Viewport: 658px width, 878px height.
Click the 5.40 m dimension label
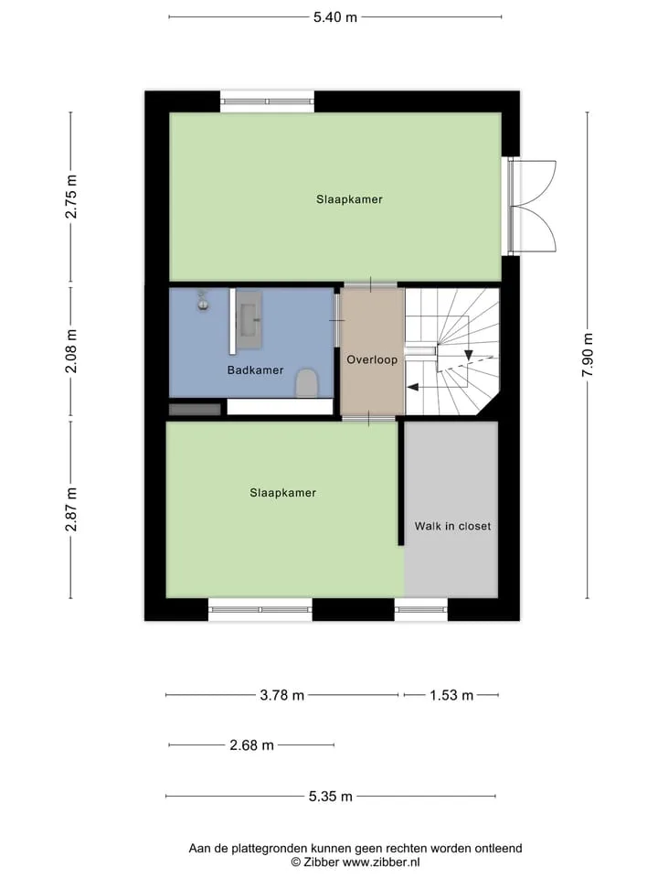(x=334, y=17)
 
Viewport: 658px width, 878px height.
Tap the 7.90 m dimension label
(x=588, y=355)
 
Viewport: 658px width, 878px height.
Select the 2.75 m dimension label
(x=71, y=197)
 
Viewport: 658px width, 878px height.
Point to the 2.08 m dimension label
(x=71, y=351)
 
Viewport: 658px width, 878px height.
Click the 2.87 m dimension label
(x=71, y=509)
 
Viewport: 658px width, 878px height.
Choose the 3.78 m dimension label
(x=282, y=695)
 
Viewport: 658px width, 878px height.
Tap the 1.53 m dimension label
(x=451, y=695)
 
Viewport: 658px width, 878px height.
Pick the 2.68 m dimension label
(x=252, y=745)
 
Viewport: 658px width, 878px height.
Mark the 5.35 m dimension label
(x=331, y=797)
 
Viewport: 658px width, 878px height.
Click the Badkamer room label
(x=255, y=370)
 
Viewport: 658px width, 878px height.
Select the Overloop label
(x=372, y=359)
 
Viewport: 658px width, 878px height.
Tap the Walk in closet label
(x=452, y=527)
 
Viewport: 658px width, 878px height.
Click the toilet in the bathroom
(x=307, y=383)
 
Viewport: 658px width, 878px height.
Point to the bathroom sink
(x=249, y=320)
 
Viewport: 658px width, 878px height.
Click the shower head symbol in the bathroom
(x=203, y=301)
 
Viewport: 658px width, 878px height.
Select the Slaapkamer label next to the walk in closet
(x=282, y=493)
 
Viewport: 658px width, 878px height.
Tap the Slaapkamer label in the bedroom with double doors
(x=349, y=199)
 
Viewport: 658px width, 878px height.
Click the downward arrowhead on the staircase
(x=468, y=355)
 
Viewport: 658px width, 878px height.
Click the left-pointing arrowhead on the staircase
(x=412, y=386)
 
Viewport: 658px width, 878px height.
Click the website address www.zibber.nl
(x=381, y=862)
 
